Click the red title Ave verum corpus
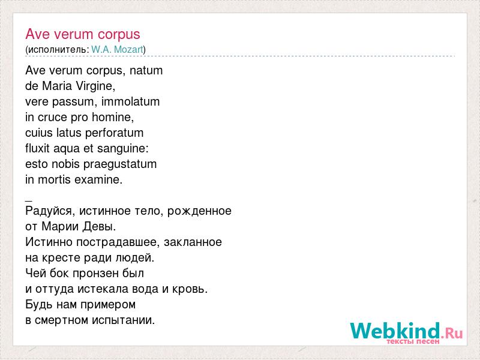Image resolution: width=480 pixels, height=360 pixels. point(83,35)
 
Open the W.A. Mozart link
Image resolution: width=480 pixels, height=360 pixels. point(117,50)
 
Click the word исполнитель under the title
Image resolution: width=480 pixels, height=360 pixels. point(58,50)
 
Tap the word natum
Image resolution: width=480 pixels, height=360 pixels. point(146,71)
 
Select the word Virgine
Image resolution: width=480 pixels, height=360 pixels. point(95,86)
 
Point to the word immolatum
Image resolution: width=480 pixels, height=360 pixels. point(130,101)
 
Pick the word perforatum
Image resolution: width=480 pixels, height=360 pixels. point(114,133)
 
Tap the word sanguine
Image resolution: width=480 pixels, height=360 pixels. point(122,149)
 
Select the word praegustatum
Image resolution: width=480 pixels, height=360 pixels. point(120,164)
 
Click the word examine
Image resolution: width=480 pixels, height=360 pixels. point(98,179)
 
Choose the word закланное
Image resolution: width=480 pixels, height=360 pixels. point(193,242)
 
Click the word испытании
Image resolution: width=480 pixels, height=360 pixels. point(124,320)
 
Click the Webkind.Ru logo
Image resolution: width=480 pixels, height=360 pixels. point(407,332)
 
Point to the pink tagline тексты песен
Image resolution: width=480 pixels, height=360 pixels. point(413,341)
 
